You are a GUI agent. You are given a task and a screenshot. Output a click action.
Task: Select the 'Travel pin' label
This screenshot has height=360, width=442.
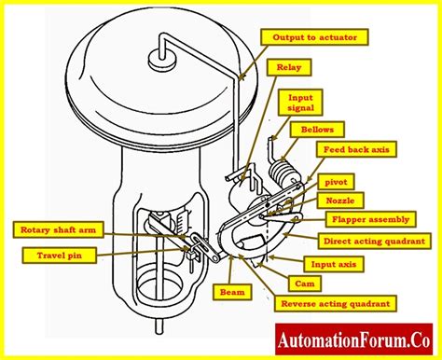pyautogui.click(x=46, y=253)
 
